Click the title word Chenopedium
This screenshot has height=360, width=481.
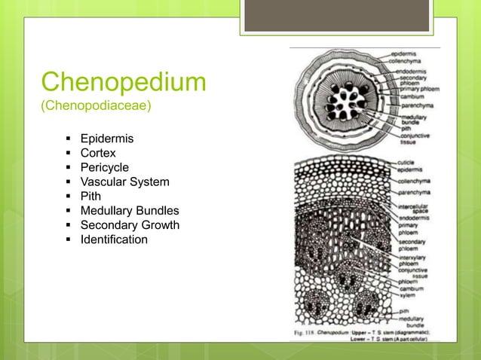point(123,82)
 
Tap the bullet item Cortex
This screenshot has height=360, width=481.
point(98,154)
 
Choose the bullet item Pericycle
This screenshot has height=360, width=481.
point(105,168)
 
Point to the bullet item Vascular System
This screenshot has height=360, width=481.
point(125,182)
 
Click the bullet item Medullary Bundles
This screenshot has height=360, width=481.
point(130,211)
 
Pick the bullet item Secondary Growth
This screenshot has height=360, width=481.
point(130,225)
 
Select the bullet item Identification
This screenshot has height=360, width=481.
point(114,239)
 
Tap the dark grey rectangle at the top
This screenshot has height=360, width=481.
point(337,16)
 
